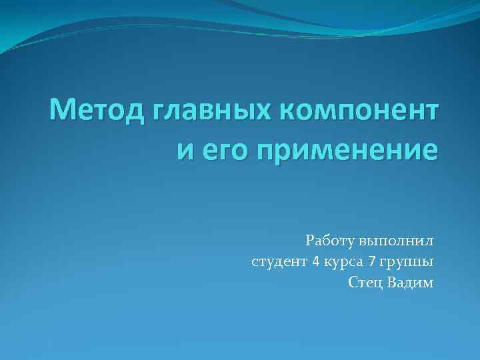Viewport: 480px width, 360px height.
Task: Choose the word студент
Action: (279, 261)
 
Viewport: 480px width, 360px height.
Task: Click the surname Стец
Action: (364, 282)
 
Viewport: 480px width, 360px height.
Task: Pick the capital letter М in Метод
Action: (62, 109)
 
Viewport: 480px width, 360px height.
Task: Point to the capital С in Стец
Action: (351, 282)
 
